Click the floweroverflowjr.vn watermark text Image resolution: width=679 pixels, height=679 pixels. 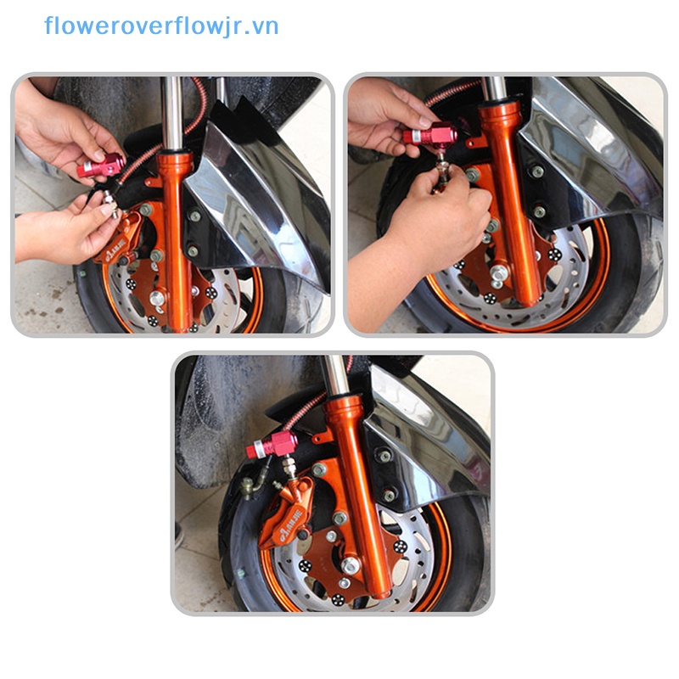click(x=161, y=26)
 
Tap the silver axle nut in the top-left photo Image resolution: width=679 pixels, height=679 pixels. click(x=157, y=298)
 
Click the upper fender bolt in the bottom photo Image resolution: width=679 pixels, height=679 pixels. click(x=384, y=456)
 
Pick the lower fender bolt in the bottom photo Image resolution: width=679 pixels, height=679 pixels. click(x=389, y=493)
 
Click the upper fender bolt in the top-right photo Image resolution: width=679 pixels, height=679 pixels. click(x=536, y=171)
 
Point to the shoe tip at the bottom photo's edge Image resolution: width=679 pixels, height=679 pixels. click(x=178, y=536)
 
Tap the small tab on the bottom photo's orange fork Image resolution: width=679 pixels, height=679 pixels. click(x=321, y=437)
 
